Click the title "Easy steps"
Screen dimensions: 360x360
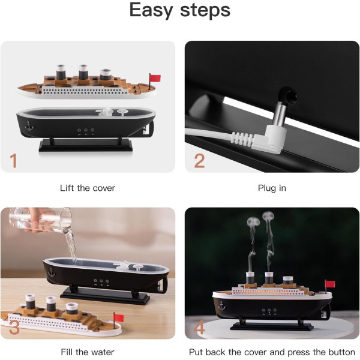(180, 11)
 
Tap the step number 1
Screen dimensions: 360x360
(14, 160)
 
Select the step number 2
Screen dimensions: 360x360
(199, 161)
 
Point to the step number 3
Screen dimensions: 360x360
(14, 327)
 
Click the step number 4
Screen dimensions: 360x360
(199, 327)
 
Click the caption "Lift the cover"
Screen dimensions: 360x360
(88, 188)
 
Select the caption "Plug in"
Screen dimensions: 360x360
(272, 188)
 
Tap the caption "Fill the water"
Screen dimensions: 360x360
(88, 352)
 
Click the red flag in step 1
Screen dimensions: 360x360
(155, 78)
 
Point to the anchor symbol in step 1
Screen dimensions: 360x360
(29, 126)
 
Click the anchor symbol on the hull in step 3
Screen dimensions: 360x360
(52, 272)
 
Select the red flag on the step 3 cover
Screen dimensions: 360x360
(119, 318)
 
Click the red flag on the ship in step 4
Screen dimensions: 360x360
(330, 284)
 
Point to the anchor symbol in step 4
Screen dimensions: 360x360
(222, 306)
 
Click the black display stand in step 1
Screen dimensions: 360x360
(86, 145)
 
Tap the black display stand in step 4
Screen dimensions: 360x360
(272, 325)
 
